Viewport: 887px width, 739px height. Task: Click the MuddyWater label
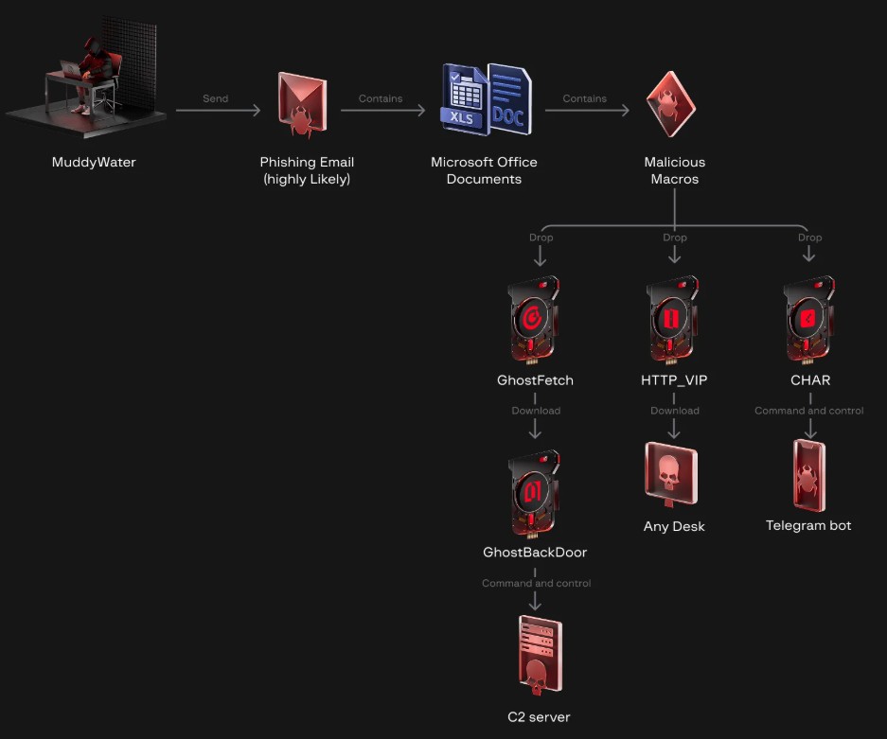tap(94, 162)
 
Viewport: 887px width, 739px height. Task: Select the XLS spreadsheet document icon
tap(464, 97)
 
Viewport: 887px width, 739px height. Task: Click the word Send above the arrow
tap(216, 98)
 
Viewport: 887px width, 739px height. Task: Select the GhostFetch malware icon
tap(534, 319)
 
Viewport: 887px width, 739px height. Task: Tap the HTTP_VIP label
tap(674, 380)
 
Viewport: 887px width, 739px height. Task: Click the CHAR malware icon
tap(809, 319)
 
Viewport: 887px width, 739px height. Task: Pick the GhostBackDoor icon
tap(535, 492)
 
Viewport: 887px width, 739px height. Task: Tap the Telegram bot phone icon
tap(809, 476)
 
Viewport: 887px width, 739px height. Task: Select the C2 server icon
tap(539, 655)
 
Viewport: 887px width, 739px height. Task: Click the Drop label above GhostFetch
tap(541, 238)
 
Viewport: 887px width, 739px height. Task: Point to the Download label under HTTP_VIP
tap(675, 411)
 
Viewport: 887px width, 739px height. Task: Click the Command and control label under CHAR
tap(809, 411)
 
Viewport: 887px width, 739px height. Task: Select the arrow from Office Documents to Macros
tap(587, 111)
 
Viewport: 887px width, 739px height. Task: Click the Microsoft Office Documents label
tap(484, 170)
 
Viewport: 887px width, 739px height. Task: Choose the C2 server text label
tap(539, 716)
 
